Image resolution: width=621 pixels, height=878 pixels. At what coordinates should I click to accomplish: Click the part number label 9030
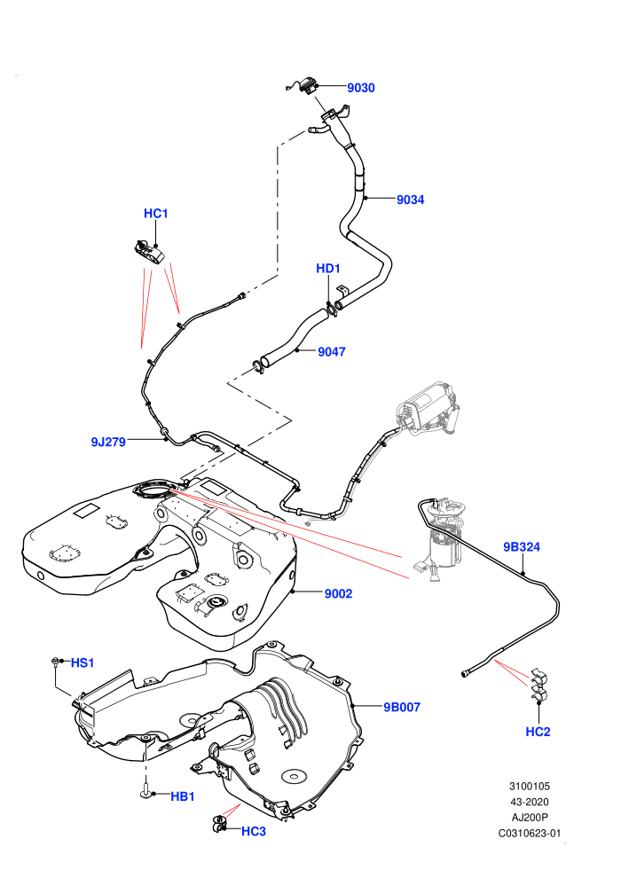coord(360,88)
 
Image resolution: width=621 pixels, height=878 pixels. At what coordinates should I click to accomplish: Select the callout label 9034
coord(411,200)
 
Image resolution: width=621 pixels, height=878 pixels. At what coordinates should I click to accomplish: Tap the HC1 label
coord(155,214)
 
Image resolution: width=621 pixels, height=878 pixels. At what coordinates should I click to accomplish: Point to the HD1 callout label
coord(328,268)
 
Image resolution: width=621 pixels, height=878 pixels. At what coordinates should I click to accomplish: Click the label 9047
coord(332,352)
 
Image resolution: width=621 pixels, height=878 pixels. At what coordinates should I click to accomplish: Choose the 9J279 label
coord(108,442)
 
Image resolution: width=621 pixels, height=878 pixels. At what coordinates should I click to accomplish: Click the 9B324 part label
coord(522,547)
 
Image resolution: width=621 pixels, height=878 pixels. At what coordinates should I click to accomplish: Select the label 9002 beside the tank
coord(338,593)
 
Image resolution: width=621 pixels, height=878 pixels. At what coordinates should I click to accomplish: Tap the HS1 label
coord(83,663)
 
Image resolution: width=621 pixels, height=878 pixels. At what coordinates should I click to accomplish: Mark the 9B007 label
coord(402,707)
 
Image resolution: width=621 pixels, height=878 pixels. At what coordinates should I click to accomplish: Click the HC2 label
coord(538,732)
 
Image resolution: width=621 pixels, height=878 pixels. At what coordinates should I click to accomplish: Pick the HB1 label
coord(183,796)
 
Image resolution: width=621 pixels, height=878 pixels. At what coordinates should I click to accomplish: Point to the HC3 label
coord(253,832)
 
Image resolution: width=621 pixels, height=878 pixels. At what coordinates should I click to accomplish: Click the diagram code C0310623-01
coord(529,833)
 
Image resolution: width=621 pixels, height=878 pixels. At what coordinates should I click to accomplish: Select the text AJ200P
coord(530,817)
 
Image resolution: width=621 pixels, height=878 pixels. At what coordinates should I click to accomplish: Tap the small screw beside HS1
coord(55,662)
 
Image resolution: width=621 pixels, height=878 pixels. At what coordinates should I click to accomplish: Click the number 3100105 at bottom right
coord(530,786)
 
